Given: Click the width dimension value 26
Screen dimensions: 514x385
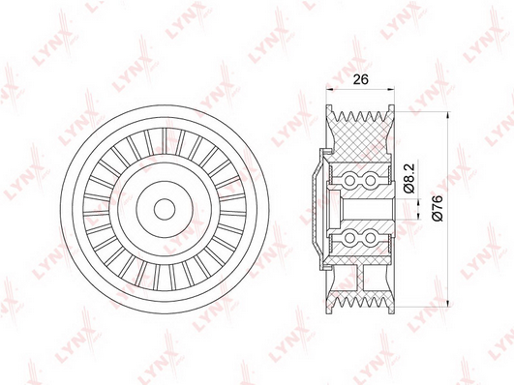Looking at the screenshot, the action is [x=360, y=79].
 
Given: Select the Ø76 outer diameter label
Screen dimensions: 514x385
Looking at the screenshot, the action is [x=438, y=207].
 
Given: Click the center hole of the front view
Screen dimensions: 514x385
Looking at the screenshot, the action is [x=165, y=209].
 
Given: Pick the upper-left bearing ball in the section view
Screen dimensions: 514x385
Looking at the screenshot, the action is [x=350, y=180].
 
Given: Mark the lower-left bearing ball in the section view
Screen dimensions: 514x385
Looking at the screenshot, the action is [x=350, y=238].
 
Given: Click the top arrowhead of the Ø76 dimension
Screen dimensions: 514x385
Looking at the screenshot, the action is [x=447, y=115].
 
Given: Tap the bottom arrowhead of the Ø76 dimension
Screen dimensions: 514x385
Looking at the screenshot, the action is [x=447, y=303].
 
